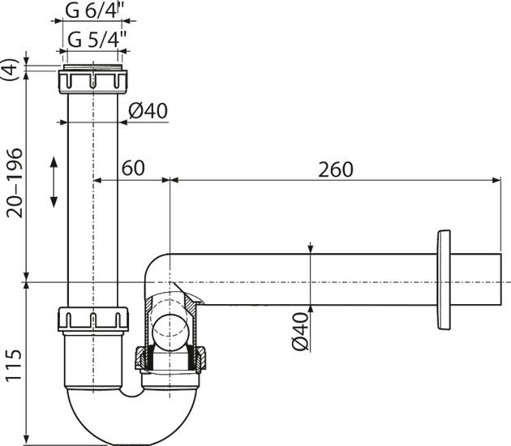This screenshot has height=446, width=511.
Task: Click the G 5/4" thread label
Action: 97,40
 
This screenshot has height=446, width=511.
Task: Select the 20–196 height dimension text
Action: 15,183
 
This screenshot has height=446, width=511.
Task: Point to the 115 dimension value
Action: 14,365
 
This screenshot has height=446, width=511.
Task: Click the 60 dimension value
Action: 133,168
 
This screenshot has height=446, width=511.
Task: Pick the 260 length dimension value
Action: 335,169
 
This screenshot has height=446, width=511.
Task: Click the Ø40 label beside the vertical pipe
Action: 148,111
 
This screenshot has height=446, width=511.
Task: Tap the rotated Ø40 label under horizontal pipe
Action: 300,332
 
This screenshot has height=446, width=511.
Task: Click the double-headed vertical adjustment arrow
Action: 54,182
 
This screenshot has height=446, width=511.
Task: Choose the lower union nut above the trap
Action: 93,319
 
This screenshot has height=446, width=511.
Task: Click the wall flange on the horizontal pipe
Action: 444,280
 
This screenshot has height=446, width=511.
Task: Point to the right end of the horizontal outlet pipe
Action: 500,280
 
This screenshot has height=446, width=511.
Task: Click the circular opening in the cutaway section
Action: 171,333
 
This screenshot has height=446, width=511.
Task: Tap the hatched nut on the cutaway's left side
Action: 140,358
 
